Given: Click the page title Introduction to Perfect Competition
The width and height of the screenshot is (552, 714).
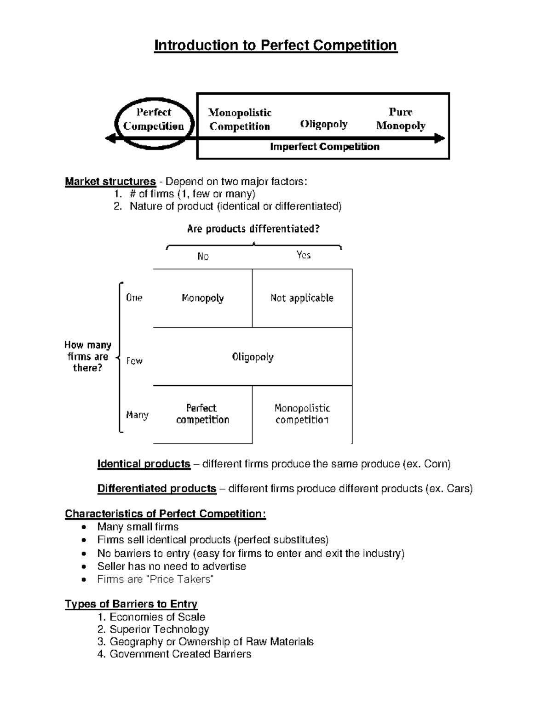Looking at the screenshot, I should click(276, 46).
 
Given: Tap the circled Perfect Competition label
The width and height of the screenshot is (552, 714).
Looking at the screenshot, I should click(154, 119).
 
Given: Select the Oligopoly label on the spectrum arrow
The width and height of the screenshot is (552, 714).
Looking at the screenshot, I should click(324, 124).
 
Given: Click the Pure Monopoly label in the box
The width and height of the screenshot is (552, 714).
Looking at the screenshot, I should click(401, 119).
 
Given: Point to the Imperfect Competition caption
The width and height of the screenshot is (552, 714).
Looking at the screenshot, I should click(324, 147).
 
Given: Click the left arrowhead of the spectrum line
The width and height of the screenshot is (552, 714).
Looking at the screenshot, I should click(110, 138).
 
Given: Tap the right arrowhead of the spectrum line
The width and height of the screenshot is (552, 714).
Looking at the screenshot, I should click(440, 138).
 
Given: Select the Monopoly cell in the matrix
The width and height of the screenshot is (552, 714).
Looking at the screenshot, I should click(202, 298).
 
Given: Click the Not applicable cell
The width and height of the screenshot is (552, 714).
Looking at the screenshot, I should click(302, 298).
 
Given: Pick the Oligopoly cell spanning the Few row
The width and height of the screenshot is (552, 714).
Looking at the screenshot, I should click(253, 357).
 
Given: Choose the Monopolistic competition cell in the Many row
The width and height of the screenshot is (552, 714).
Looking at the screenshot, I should click(302, 414).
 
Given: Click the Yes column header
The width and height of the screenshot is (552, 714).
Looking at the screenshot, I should click(304, 255).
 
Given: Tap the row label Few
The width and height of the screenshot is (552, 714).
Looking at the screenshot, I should click(134, 361).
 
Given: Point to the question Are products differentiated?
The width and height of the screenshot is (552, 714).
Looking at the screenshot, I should click(253, 229).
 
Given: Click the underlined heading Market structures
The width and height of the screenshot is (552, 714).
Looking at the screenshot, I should click(110, 182).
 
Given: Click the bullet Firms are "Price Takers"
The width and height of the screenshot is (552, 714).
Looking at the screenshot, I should click(155, 579).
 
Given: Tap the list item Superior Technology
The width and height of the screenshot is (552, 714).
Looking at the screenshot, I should click(159, 629).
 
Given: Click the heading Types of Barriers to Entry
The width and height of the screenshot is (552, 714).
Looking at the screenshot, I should click(131, 604).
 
